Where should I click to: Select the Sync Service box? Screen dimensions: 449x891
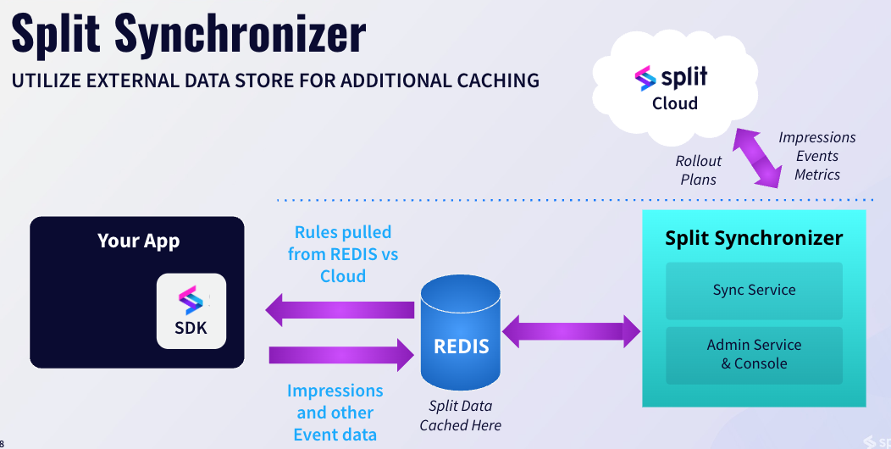point(754,290)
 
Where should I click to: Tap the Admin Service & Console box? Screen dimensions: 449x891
point(754,354)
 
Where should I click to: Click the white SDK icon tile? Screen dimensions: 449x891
point(191,311)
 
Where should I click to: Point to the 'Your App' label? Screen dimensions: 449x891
point(138,241)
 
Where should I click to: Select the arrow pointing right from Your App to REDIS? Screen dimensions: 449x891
point(340,353)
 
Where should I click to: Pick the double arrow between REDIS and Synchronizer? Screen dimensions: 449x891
point(572,330)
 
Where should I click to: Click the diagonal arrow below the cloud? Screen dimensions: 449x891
point(756,158)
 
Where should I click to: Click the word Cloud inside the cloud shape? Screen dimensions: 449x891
point(675,104)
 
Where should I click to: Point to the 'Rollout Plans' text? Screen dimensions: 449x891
point(699,170)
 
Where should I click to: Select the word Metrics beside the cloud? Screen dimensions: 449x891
point(817,175)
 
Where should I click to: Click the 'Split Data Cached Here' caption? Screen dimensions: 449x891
point(461,416)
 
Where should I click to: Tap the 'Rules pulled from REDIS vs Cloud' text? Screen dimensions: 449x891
point(343,254)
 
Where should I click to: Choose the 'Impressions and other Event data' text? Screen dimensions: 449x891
point(335,413)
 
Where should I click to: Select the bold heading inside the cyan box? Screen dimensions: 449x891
point(754,238)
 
